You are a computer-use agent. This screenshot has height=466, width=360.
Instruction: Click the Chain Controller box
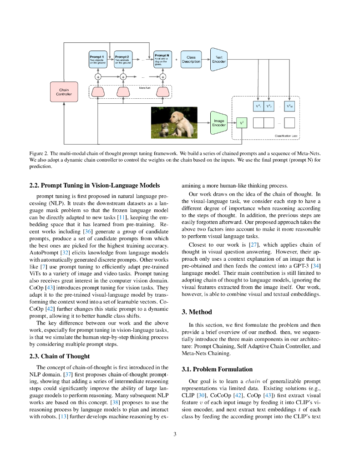point(64,92)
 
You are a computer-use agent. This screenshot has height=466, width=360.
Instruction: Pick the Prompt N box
point(163,60)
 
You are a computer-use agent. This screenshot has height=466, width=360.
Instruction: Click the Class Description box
point(191,60)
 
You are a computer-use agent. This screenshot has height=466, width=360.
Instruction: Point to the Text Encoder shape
point(218,60)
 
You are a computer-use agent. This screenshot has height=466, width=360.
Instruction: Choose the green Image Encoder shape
point(218,122)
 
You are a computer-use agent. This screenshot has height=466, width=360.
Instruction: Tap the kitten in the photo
point(163,129)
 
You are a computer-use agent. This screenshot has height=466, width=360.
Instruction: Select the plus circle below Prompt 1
point(98,76)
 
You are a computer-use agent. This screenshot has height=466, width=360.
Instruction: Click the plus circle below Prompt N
point(163,76)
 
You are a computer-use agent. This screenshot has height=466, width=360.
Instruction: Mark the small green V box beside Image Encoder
point(241,123)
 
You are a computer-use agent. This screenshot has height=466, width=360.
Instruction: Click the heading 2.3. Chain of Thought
point(59,356)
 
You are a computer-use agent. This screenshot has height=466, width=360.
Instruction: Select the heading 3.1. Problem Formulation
point(217,369)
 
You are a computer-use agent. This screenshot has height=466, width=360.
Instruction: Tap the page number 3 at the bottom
point(175,434)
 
